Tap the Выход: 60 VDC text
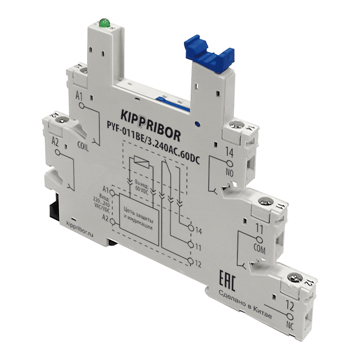tap(140, 185)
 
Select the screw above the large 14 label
tap(233, 125)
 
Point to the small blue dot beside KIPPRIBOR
tap(198, 123)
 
